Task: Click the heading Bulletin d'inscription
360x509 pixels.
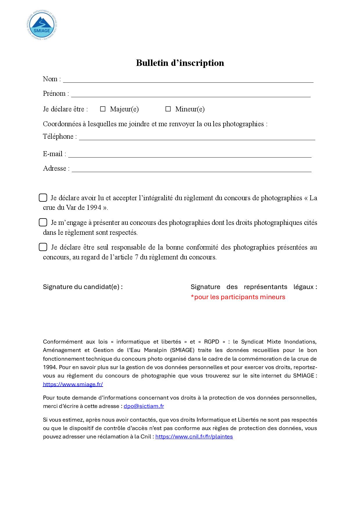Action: coord(180,63)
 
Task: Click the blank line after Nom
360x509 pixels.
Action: coord(188,80)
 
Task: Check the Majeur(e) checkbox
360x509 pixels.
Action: coord(103,109)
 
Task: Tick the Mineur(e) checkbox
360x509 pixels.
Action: coord(168,109)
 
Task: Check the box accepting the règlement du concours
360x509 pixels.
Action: coord(43,198)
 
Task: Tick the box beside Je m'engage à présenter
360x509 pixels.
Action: coord(43,222)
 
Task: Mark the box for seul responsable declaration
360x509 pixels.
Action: coord(43,247)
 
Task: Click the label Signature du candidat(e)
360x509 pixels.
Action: coord(83,287)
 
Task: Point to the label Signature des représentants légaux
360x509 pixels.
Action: coord(254,287)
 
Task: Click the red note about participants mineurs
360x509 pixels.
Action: coord(238,297)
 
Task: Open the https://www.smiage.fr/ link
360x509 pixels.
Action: coord(73,384)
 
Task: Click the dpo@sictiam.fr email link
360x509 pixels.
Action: coord(144,406)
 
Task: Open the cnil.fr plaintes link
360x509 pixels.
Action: coord(194,436)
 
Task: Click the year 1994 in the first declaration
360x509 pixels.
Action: coord(94,207)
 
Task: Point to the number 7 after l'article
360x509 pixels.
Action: coord(136,257)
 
